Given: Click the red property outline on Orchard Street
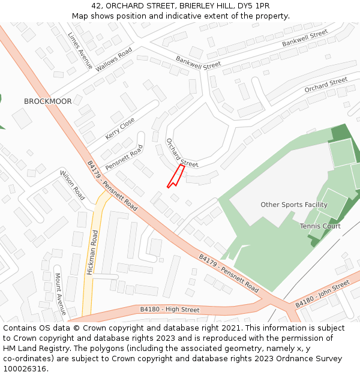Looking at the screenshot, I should [176, 176].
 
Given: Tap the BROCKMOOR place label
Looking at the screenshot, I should [47, 101].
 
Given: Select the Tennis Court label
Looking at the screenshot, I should [320, 226].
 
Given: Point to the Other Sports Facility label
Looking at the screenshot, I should [294, 205].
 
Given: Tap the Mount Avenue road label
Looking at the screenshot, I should [59, 294].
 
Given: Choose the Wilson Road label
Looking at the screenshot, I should [73, 185].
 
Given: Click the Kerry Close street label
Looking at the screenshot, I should [120, 129].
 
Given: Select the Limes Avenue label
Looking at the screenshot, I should [80, 50].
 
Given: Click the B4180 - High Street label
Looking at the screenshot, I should [170, 310].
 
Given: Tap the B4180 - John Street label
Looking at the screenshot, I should [322, 294].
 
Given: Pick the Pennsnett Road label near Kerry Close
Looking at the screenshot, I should [124, 157].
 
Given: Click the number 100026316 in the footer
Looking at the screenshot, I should [25, 368].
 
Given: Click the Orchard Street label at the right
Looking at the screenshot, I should [326, 85].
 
